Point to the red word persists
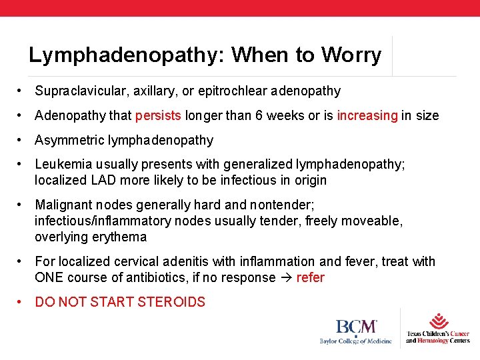[x=158, y=115]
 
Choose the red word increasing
[x=367, y=115]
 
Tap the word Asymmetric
[x=68, y=140]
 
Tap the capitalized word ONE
[x=49, y=277]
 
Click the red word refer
[x=310, y=277]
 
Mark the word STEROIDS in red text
[x=171, y=302]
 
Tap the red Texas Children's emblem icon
[x=438, y=321]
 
